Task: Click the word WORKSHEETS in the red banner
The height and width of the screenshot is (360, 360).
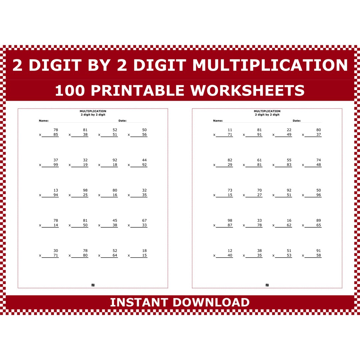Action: (x=247, y=91)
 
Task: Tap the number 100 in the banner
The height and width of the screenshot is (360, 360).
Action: (x=70, y=91)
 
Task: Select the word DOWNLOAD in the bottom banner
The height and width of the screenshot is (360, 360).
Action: (x=211, y=302)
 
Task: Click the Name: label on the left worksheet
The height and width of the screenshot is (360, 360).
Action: (x=44, y=121)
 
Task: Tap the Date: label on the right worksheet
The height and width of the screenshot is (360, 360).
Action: (x=297, y=121)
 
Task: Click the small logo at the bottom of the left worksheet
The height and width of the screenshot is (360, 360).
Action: (x=93, y=285)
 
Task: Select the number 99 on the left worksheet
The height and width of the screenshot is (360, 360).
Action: (x=56, y=165)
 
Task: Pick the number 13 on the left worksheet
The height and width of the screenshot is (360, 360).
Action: (x=56, y=190)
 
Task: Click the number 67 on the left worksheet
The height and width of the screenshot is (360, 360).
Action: (x=144, y=220)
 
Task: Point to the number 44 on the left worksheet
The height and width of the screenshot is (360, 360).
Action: (x=144, y=160)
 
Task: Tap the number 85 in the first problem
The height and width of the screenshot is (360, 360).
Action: (x=56, y=135)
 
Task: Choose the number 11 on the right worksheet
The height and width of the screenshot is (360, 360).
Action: (x=230, y=130)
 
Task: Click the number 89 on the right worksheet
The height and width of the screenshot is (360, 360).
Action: (x=319, y=220)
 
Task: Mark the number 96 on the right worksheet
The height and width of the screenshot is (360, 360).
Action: (x=319, y=195)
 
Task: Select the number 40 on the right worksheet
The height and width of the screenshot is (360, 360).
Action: (x=230, y=255)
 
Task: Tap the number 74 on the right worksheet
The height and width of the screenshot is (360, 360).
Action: (x=319, y=160)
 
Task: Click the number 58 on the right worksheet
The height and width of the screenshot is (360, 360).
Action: (x=319, y=255)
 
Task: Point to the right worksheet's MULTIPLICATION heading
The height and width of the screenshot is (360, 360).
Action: (x=267, y=111)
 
